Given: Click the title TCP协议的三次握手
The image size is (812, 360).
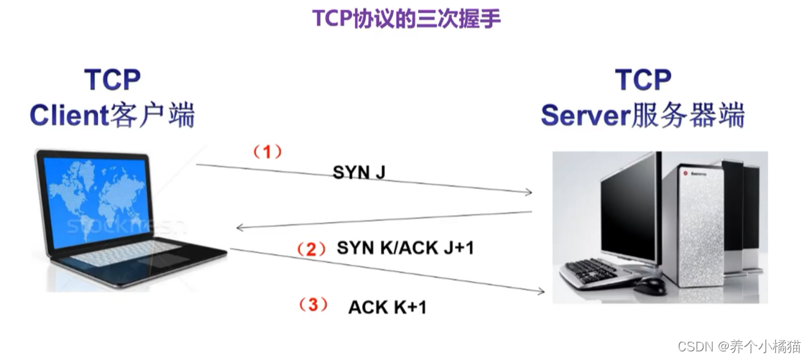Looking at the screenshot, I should (x=406, y=19).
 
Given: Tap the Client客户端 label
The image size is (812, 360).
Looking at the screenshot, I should (x=112, y=115).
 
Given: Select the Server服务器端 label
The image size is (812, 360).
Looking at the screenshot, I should (x=642, y=115).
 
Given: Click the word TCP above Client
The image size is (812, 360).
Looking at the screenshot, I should (x=112, y=80).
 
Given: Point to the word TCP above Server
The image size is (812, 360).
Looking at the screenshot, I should (x=643, y=80).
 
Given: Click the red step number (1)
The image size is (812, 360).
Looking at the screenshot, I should (x=267, y=152).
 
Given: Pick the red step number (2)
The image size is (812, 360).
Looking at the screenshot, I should (x=312, y=249).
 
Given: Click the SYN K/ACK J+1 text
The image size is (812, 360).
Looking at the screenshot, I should (x=405, y=249).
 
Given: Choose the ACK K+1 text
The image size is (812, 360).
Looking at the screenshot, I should (x=387, y=307).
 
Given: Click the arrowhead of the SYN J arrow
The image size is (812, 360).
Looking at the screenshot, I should (x=529, y=193).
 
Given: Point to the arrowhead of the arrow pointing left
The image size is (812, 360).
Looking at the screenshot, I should (x=239, y=229).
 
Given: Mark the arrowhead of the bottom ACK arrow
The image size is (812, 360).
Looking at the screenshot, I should (x=541, y=291).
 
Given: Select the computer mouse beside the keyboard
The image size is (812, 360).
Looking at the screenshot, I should (x=650, y=285).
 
